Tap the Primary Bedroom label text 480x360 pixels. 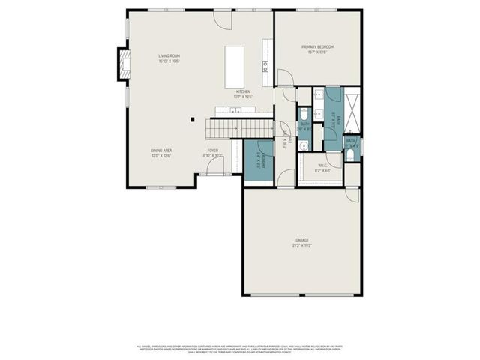pyautogui.click(x=317, y=49)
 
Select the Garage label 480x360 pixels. pyautogui.click(x=301, y=242)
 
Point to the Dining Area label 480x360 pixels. pyautogui.click(x=161, y=153)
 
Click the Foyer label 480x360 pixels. pyautogui.click(x=213, y=152)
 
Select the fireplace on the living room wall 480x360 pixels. pyautogui.click(x=122, y=64)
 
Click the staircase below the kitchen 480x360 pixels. pyautogui.click(x=240, y=129)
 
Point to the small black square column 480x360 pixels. pyautogui.click(x=193, y=118)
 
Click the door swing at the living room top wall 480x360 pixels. pyautogui.click(x=223, y=19)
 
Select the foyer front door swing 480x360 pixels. pyautogui.click(x=214, y=166)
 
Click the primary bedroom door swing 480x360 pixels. pyautogui.click(x=286, y=77)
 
